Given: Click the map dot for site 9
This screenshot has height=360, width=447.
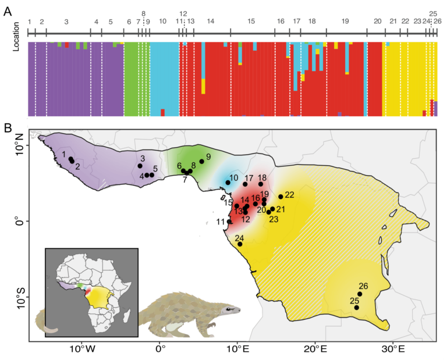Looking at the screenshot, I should (x=201, y=161).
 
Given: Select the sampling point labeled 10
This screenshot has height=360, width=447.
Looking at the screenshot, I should (x=228, y=183).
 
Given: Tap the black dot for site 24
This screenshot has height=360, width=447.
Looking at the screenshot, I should (x=240, y=244).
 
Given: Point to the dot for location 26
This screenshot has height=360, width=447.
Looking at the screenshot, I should (x=359, y=294).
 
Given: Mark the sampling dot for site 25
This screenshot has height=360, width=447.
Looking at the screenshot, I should (x=357, y=307).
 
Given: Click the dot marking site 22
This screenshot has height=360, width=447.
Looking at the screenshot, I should (x=281, y=197).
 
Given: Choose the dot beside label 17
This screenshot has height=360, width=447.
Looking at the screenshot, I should (x=245, y=184).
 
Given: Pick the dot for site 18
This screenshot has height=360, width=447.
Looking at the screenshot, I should (x=261, y=184).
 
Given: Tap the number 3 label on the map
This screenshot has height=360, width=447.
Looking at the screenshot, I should (x=143, y=158).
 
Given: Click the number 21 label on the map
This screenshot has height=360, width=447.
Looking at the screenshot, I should (x=281, y=209).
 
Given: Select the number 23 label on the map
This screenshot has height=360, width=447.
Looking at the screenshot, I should (x=274, y=219).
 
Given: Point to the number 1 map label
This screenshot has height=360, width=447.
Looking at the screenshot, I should (x=64, y=154).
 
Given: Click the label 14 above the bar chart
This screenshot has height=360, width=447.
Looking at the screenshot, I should (x=211, y=21).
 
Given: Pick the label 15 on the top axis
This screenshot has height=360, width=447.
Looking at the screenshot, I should (x=251, y=21).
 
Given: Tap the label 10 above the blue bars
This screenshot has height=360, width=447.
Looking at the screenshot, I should (x=162, y=21).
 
